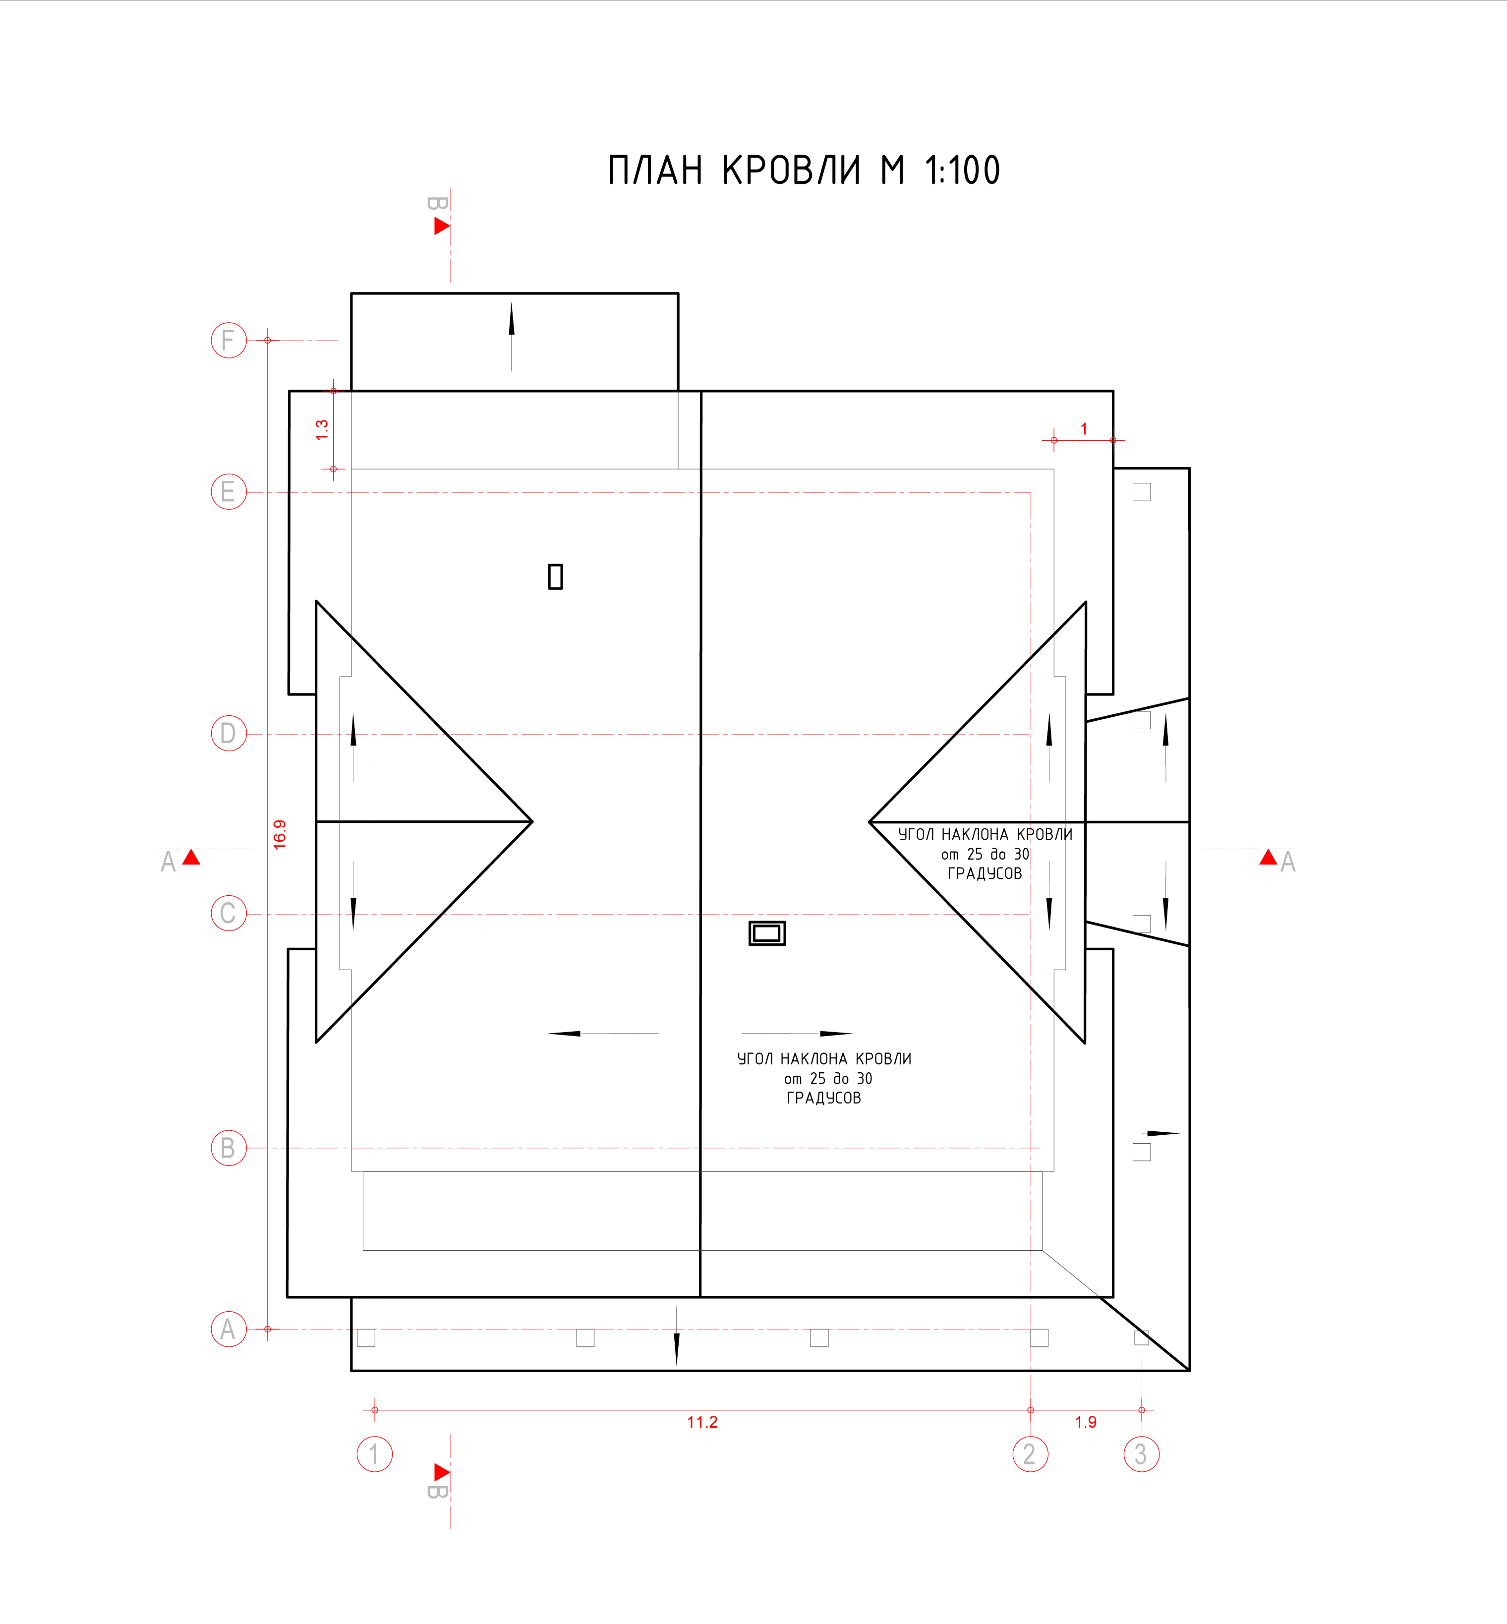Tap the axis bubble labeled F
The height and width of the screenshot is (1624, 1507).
pyautogui.click(x=229, y=340)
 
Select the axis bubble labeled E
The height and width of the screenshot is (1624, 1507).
pyautogui.click(x=229, y=492)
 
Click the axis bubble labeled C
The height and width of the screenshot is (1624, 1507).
pyautogui.click(x=229, y=913)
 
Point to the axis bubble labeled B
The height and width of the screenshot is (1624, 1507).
pyautogui.click(x=229, y=1148)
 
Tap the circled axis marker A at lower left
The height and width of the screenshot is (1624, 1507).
pyautogui.click(x=229, y=1329)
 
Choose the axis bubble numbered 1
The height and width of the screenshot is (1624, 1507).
pyautogui.click(x=374, y=1453)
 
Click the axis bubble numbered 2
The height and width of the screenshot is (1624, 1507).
pyautogui.click(x=1030, y=1453)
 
